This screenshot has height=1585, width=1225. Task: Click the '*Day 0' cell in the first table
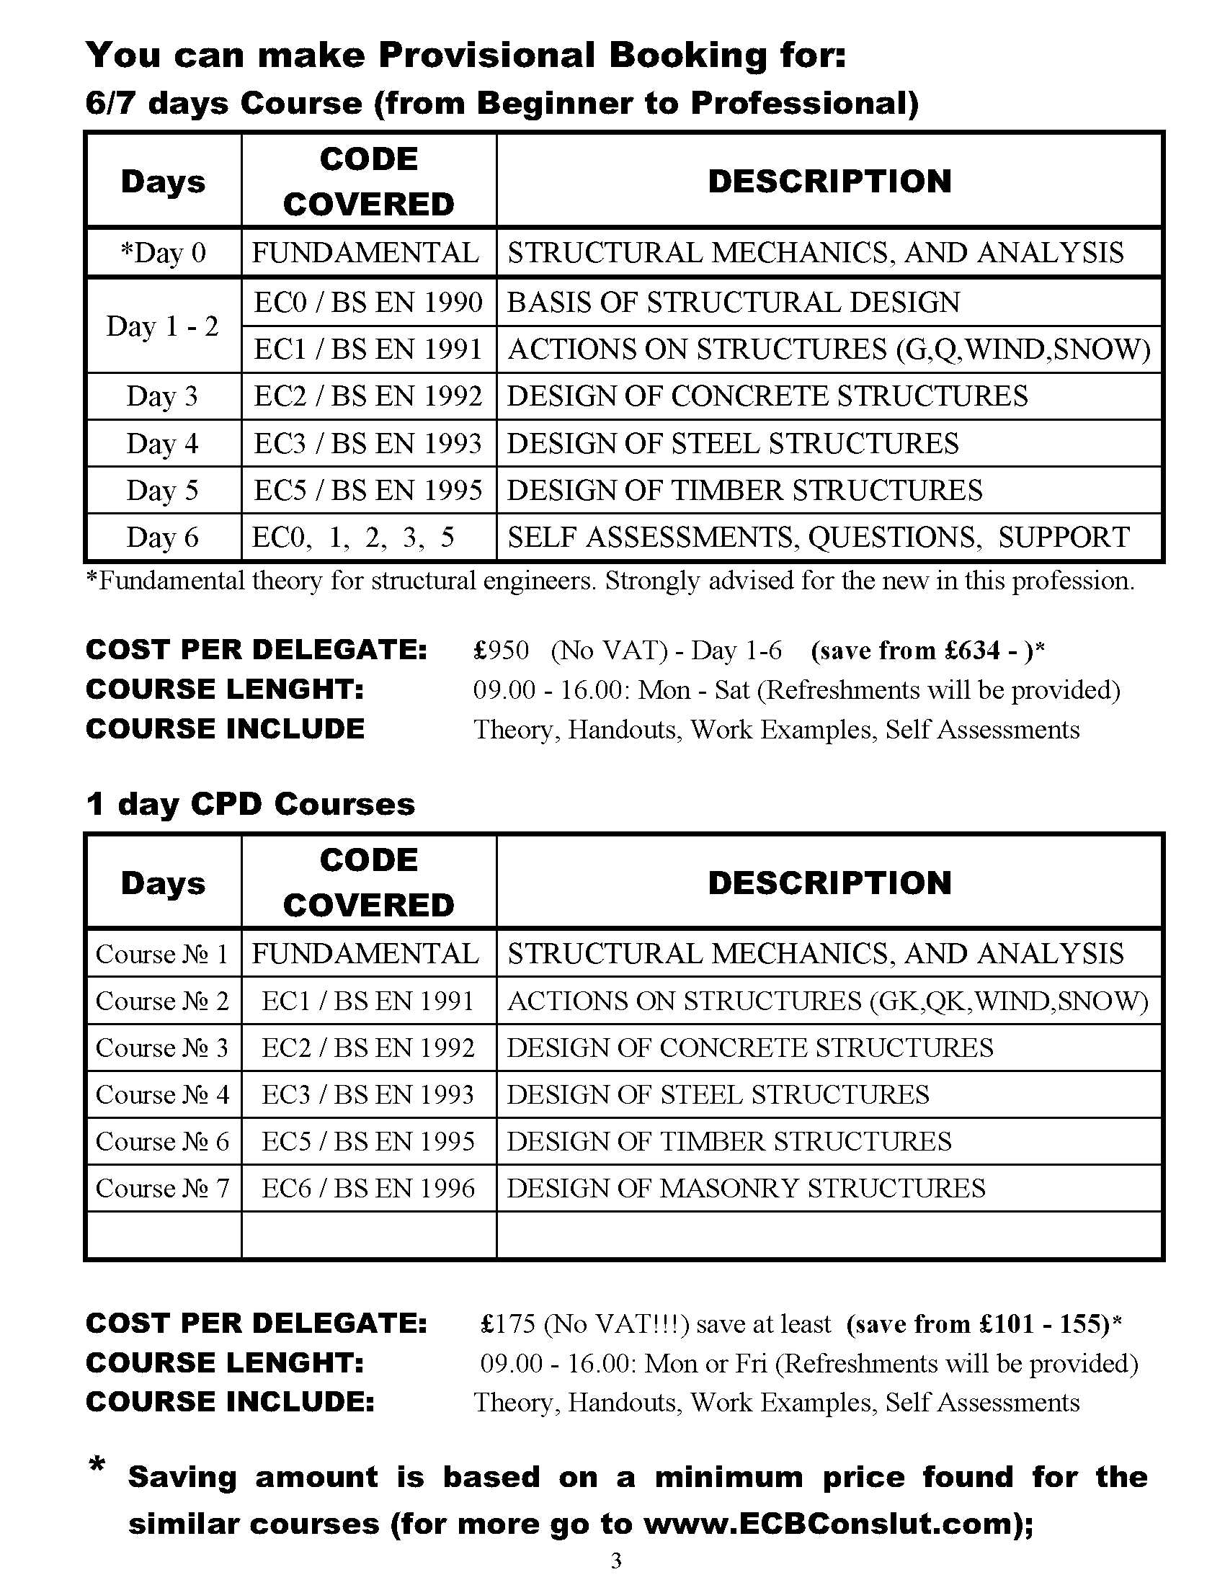[x=164, y=253]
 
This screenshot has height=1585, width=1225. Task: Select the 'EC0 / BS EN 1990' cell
[x=368, y=302]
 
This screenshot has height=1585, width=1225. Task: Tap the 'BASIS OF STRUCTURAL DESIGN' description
[x=733, y=302]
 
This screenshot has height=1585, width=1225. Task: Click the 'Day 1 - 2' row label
[x=163, y=326]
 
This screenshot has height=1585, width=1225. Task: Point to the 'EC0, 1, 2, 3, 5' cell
[x=352, y=537]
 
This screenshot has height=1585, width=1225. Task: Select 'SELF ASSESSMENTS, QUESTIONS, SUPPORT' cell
[x=818, y=537]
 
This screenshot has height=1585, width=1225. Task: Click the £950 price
[x=502, y=650]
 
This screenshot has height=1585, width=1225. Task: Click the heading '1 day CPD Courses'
[x=250, y=804]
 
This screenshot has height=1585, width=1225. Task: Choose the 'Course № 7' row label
[x=163, y=1188]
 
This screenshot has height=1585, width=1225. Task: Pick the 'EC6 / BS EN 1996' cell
[x=368, y=1188]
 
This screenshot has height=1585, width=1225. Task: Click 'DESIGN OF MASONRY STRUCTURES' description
[x=746, y=1188]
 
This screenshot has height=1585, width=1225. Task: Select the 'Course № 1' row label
[x=163, y=954]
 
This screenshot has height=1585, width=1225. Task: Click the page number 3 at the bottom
[x=616, y=1561]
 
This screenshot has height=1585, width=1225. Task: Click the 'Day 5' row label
[x=163, y=491]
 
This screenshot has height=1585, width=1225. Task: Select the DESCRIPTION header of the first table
[x=829, y=182]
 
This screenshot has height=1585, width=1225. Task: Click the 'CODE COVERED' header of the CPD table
[x=369, y=883]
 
